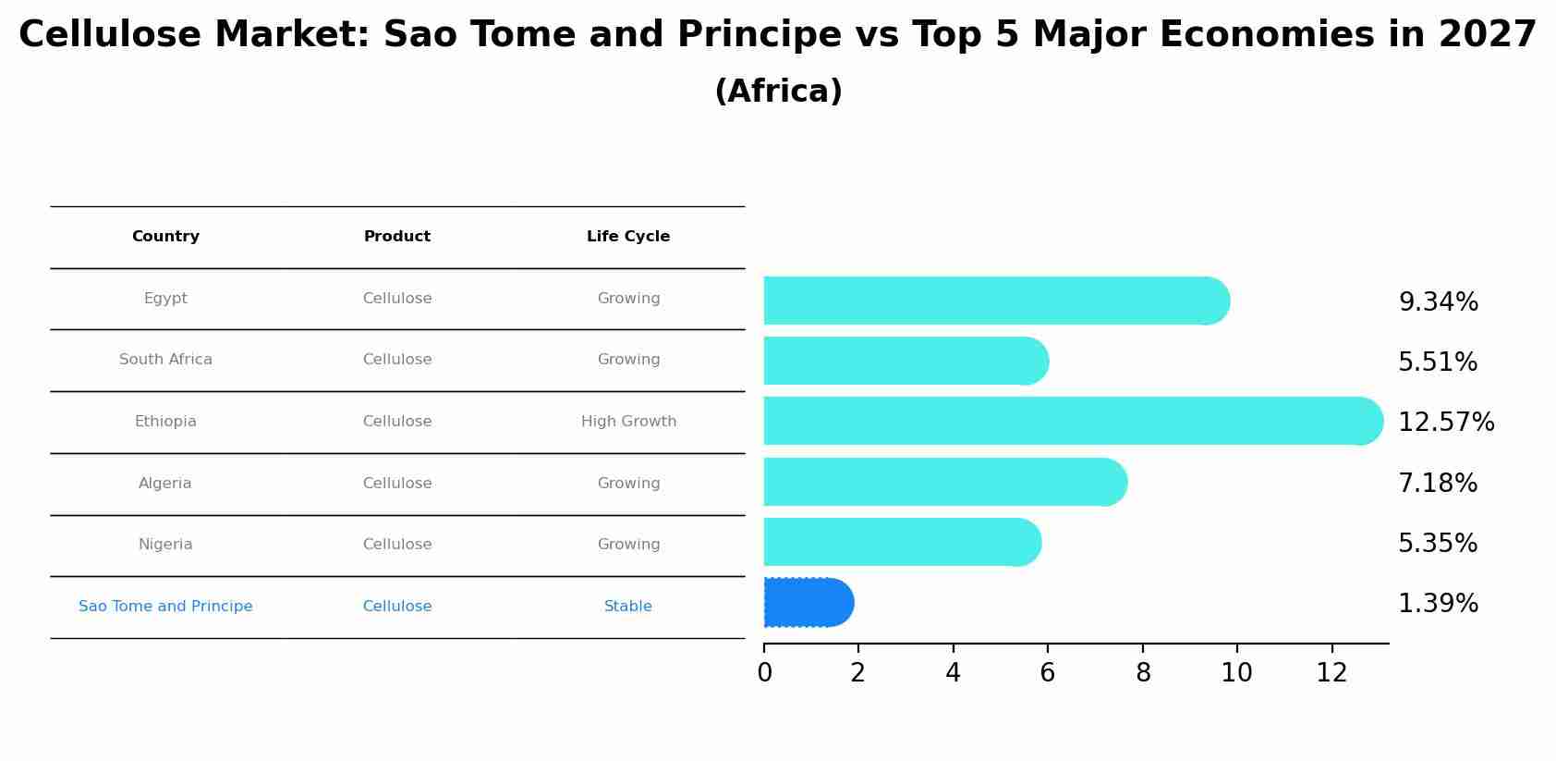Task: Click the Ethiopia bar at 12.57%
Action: point(1074,421)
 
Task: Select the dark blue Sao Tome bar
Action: point(808,603)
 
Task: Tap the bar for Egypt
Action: point(997,301)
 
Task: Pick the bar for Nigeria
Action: point(903,542)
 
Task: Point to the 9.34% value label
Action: point(1438,301)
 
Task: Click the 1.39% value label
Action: point(1438,603)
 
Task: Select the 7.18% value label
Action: point(1438,483)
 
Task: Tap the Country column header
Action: point(165,237)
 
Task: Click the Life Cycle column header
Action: point(628,237)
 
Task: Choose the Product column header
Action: point(396,237)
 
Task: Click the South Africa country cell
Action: point(165,360)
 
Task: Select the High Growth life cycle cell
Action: point(628,421)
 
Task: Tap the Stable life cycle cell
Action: point(628,606)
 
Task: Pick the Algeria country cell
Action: point(164,483)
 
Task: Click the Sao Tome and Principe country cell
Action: point(165,606)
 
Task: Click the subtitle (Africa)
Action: point(778,91)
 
